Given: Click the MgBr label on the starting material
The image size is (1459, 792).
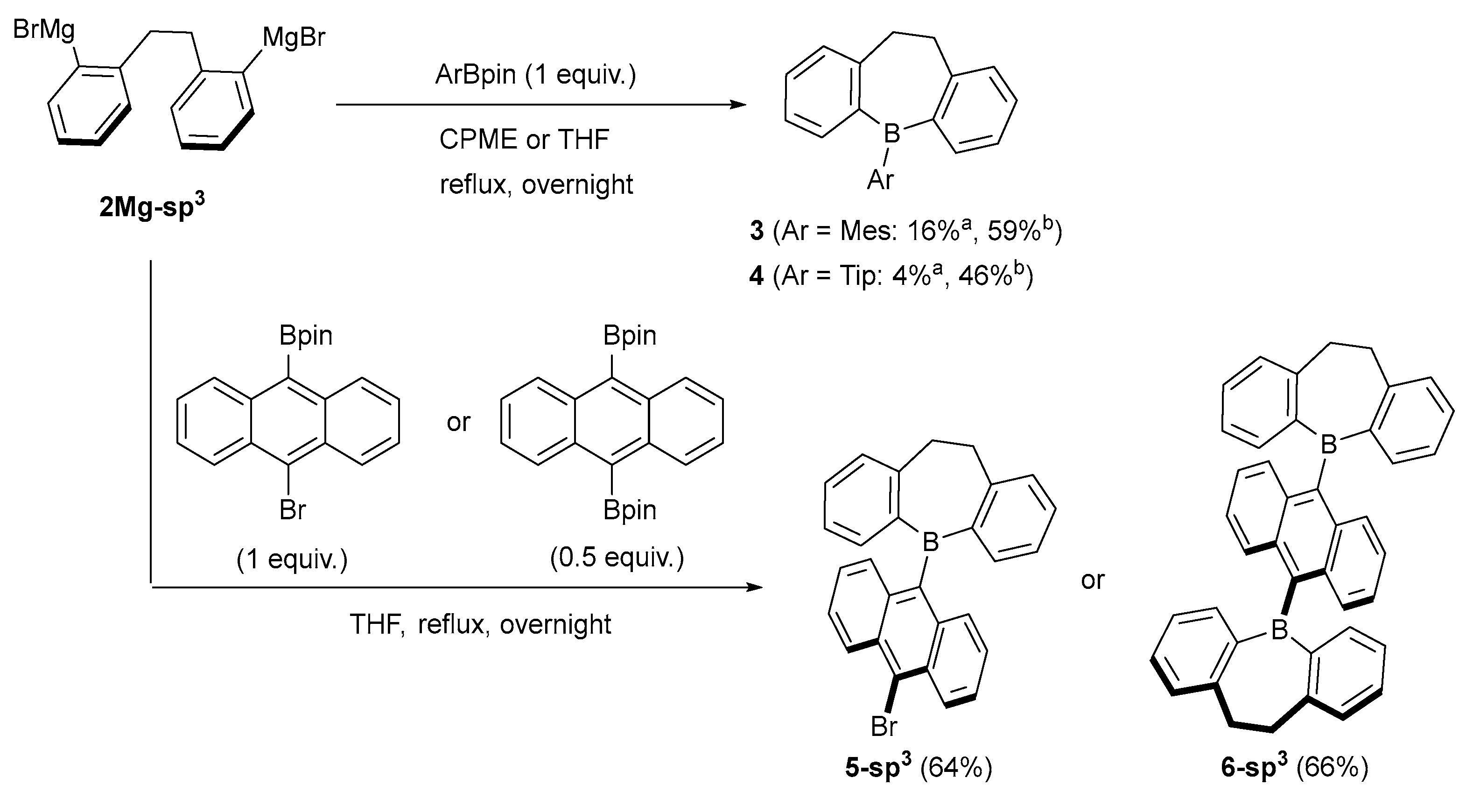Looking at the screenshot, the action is coord(294,37).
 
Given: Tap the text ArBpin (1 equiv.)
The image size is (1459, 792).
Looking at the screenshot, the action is coord(535,75).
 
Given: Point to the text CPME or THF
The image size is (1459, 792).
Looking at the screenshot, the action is coord(524,139).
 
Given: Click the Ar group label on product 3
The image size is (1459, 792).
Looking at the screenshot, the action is coord(880,180).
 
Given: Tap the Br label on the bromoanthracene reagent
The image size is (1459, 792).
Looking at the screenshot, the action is coord(292,510).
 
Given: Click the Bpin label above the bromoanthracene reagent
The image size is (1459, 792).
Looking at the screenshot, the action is coord(306,336).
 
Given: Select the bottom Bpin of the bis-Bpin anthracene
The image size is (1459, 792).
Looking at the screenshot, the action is coord(629,510).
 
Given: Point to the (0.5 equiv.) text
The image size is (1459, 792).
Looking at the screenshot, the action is coord(617,558).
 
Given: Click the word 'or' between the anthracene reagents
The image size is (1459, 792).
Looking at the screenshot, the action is coord(458,423).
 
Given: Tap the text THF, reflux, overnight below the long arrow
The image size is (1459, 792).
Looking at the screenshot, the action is coord(480,624).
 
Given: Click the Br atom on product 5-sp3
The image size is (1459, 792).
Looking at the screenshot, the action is coord(884,726).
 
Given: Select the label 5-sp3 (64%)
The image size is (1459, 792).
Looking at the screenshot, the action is coord(918,768).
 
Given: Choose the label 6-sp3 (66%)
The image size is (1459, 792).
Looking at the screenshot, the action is coord(1294,768).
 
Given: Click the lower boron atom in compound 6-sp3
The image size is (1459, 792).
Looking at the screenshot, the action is coord(1279,629).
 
